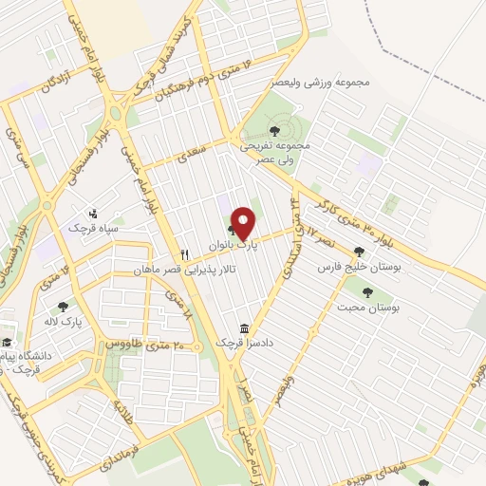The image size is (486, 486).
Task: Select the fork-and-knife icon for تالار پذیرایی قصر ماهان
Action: click(186, 254)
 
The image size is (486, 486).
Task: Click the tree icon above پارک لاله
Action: click(64, 306)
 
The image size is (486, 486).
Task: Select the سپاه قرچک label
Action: click(90, 228)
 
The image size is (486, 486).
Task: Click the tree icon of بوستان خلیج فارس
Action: click(359, 252)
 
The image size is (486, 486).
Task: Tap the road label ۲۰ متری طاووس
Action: click(122, 341)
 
